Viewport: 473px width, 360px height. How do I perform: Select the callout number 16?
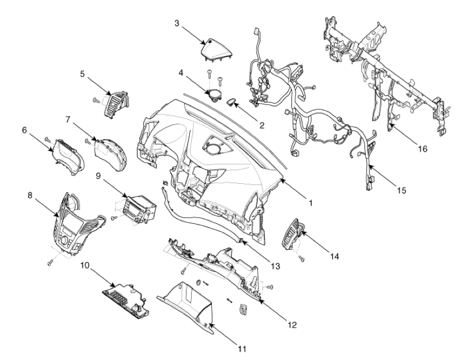(x=423, y=148)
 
